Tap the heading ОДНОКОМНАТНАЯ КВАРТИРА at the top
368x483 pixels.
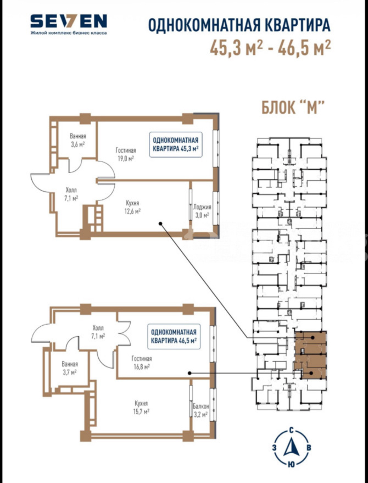click(x=239, y=25)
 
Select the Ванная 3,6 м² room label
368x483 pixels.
click(x=78, y=140)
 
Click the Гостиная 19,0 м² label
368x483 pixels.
click(x=126, y=154)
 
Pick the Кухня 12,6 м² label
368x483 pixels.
click(x=133, y=207)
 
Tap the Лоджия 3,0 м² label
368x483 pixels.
click(x=202, y=211)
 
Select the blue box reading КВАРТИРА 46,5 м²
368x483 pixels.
click(x=174, y=336)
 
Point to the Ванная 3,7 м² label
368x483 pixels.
click(x=70, y=368)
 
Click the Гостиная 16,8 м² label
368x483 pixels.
click(x=142, y=363)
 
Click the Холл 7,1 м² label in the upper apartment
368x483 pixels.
click(x=71, y=194)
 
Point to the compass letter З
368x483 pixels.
click(x=274, y=447)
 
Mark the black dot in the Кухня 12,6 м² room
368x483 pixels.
click(x=161, y=224)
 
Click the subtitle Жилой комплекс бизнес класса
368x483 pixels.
click(x=69, y=33)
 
